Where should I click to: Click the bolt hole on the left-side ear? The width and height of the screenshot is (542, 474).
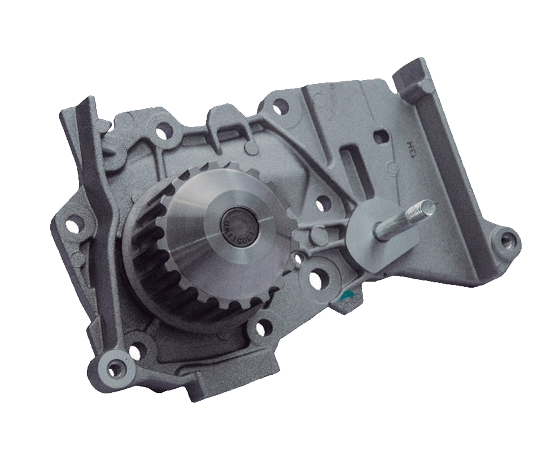point(71,226)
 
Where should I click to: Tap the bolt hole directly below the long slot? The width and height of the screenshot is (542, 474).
point(321,204)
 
